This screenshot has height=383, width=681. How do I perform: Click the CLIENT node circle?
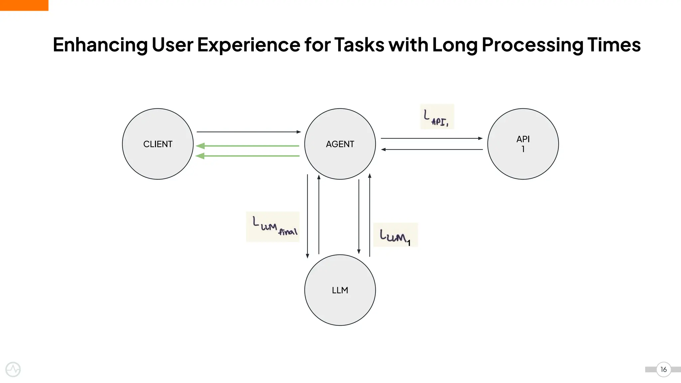[158, 144]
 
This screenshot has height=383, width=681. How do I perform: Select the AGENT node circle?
[340, 144]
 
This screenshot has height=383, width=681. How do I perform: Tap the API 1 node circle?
[523, 144]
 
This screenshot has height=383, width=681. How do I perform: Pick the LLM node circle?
[340, 290]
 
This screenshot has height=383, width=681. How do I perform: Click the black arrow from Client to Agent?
[249, 132]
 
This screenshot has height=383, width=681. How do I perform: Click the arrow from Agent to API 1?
[432, 138]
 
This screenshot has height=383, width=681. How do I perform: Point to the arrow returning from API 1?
[432, 150]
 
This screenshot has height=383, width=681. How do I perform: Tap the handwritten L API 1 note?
[437, 117]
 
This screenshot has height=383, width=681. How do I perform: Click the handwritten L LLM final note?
[273, 227]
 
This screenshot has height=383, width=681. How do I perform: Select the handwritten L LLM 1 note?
[395, 235]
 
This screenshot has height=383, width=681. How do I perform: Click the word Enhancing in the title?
[100, 45]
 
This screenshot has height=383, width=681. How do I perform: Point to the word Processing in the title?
[532, 45]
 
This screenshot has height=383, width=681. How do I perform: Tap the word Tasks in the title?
[359, 45]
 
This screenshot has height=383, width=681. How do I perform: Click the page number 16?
[663, 369]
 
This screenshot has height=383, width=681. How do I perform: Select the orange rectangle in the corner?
[24, 5]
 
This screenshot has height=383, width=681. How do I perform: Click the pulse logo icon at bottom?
[13, 369]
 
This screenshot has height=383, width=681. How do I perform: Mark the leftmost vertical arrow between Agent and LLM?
[308, 216]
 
